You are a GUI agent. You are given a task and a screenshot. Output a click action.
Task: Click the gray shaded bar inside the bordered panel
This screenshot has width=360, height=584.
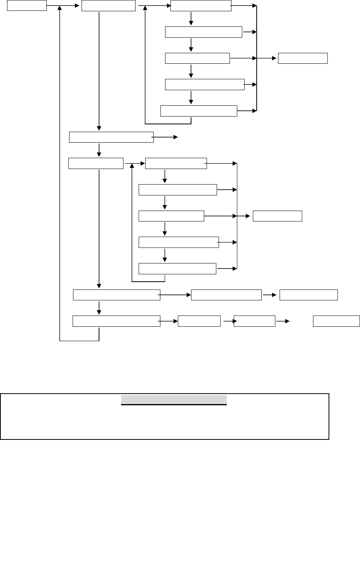click(174, 400)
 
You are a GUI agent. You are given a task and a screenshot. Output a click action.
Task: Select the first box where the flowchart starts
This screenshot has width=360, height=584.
click(27, 6)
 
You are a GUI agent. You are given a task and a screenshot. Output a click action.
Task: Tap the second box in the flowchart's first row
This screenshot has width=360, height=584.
click(108, 6)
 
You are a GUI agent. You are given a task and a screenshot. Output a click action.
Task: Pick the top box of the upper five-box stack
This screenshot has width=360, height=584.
click(201, 6)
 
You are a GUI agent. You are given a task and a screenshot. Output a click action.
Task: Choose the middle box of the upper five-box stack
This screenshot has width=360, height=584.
click(197, 58)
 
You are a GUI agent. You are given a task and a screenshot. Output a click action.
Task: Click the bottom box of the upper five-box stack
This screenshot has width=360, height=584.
click(198, 111)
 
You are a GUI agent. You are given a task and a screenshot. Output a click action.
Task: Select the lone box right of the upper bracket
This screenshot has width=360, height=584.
click(303, 58)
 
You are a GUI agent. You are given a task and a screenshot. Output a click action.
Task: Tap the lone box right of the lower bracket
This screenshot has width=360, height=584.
click(277, 216)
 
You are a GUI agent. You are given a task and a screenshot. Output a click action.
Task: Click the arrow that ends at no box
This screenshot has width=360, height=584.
click(165, 137)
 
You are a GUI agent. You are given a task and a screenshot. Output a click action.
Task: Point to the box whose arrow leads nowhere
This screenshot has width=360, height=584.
click(111, 138)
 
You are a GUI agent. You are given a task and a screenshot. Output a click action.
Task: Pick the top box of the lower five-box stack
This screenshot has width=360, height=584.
click(176, 164)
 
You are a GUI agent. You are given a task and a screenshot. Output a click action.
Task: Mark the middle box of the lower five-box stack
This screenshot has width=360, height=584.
click(171, 216)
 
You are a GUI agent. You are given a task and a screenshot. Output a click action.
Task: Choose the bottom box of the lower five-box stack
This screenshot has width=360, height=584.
click(177, 268)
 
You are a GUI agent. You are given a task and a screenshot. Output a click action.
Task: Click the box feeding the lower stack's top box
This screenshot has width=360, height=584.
click(96, 164)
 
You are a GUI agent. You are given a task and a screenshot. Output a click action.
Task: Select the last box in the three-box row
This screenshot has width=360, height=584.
click(308, 295)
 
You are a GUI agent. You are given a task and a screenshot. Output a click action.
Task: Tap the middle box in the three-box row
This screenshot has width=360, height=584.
click(226, 295)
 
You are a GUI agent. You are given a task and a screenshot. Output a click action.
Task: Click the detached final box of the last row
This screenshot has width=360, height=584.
click(336, 321)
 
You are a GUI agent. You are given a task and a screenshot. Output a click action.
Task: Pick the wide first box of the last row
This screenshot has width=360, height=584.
click(117, 321)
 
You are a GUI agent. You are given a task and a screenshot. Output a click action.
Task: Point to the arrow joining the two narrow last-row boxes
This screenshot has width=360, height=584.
click(228, 321)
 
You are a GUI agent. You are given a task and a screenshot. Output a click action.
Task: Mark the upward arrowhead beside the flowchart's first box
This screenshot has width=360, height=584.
click(60, 9)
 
